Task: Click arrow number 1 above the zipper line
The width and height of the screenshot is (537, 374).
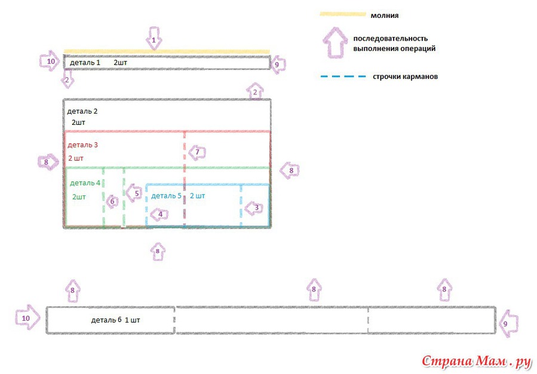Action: [x=154, y=38]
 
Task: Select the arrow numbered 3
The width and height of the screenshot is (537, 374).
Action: [x=254, y=208]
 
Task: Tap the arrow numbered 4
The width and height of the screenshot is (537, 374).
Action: [x=158, y=214]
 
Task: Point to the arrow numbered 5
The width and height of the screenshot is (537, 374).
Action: [x=134, y=193]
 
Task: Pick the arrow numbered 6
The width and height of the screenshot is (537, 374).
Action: [x=111, y=201]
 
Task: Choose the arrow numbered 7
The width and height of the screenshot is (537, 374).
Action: [x=197, y=152]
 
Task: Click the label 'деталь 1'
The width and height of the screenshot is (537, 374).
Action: [x=85, y=63]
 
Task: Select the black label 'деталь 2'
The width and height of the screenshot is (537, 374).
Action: [x=82, y=111]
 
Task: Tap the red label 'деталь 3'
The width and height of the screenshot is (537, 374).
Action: [x=82, y=145]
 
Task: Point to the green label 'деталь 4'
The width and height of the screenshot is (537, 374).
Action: [x=85, y=183]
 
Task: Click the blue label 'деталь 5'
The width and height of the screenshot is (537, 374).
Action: [x=166, y=196]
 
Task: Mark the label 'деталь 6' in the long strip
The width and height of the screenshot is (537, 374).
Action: [x=106, y=320]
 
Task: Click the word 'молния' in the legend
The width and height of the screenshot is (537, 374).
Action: [x=385, y=16]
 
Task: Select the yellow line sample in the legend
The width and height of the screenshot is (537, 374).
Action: [x=343, y=14]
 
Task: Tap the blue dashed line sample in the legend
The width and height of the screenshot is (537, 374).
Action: [x=343, y=76]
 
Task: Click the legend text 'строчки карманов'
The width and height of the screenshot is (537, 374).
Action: [x=405, y=76]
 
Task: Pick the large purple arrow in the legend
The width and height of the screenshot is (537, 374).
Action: [x=335, y=42]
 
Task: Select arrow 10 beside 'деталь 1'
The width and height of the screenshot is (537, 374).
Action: [x=50, y=62]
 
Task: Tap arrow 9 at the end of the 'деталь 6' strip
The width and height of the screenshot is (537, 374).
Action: [x=508, y=323]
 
